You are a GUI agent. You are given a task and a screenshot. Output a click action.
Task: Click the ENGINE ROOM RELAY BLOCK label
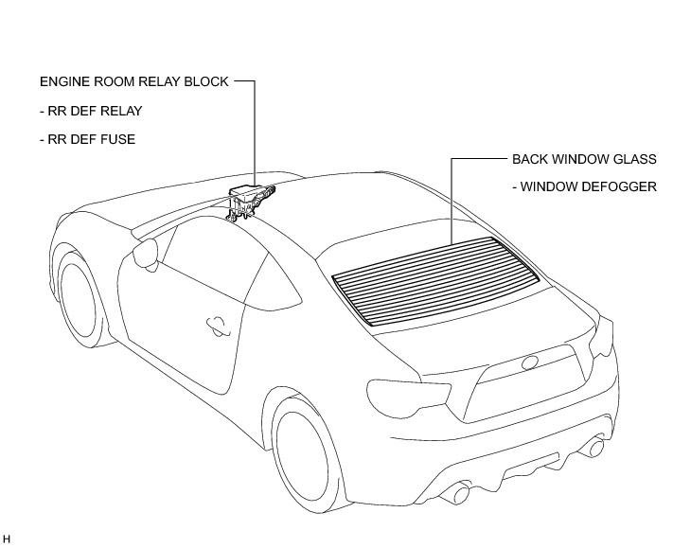point(133,82)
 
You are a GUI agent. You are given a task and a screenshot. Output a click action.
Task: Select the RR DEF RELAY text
point(91,111)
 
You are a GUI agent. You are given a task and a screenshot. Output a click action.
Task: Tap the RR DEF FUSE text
point(88,139)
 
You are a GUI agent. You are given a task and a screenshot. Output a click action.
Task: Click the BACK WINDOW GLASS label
point(584,159)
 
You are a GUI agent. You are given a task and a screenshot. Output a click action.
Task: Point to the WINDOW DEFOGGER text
point(584,186)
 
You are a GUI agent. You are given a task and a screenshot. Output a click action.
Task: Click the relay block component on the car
point(251,196)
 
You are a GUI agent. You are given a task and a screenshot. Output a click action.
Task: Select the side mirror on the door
point(145,253)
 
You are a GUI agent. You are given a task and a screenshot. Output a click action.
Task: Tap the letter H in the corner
point(7,539)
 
